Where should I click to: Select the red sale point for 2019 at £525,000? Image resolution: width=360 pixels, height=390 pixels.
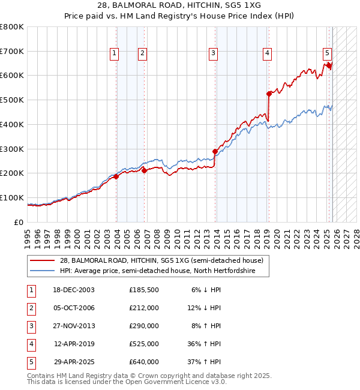[269, 94]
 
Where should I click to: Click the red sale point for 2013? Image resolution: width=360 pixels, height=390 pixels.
[215, 151]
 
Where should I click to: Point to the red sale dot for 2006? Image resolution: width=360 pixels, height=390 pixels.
[144, 170]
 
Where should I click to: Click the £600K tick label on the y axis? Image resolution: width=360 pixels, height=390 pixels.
[11, 76]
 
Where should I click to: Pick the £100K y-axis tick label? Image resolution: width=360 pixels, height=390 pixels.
[11, 197]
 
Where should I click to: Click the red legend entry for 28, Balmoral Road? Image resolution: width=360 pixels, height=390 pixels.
[161, 261]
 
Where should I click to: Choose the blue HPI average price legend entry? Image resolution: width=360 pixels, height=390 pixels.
[157, 271]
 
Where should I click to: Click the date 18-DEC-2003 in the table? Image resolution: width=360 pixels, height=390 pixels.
[74, 290]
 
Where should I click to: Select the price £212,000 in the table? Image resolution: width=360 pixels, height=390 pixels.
[144, 308]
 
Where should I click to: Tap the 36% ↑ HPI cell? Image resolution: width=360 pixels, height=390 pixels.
[205, 344]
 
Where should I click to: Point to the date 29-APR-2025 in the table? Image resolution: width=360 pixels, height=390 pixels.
[74, 362]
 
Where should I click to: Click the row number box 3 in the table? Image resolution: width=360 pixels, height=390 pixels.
[31, 326]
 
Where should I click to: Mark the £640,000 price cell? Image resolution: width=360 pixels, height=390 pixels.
[144, 362]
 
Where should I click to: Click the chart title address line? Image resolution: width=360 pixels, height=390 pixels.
[180, 5]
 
